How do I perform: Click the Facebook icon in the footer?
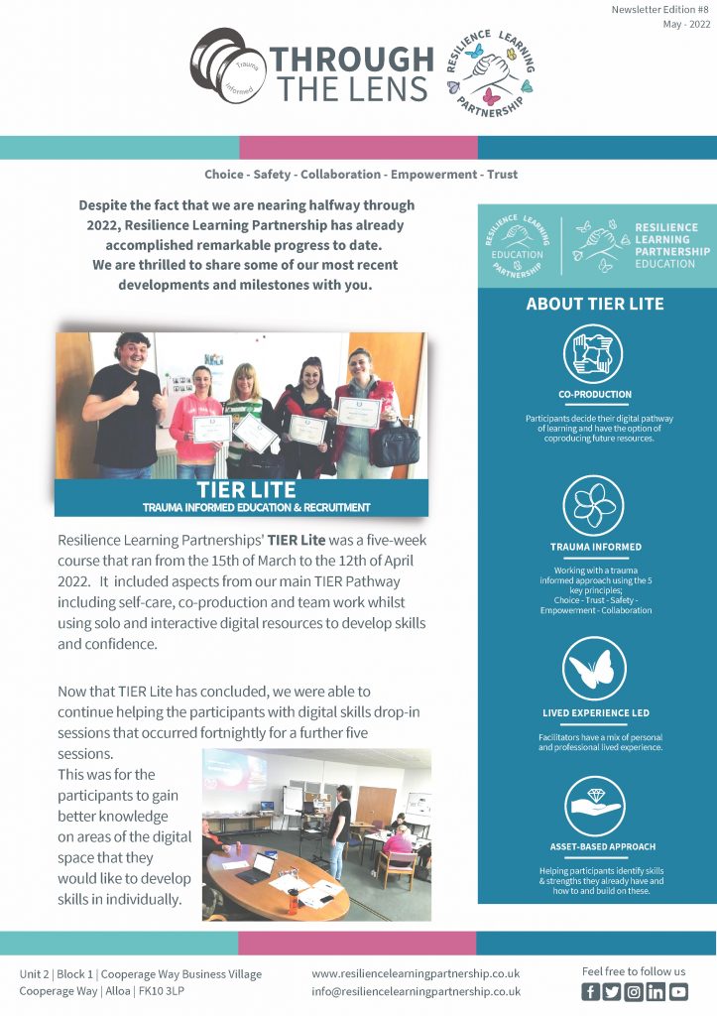click(x=591, y=991)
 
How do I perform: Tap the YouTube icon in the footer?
click(x=678, y=991)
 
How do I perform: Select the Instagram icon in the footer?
click(x=635, y=991)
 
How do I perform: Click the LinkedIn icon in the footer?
click(x=657, y=991)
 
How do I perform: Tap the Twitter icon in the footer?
click(x=613, y=991)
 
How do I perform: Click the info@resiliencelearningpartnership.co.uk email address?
click(x=416, y=990)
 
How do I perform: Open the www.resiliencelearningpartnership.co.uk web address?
click(x=416, y=973)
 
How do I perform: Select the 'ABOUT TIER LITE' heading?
click(x=595, y=304)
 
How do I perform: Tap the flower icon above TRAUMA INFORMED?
click(x=595, y=507)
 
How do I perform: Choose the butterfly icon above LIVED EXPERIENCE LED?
click(x=595, y=669)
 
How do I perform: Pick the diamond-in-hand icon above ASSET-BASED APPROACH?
click(x=595, y=807)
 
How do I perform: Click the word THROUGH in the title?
click(x=352, y=59)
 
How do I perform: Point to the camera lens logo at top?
click(x=227, y=66)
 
